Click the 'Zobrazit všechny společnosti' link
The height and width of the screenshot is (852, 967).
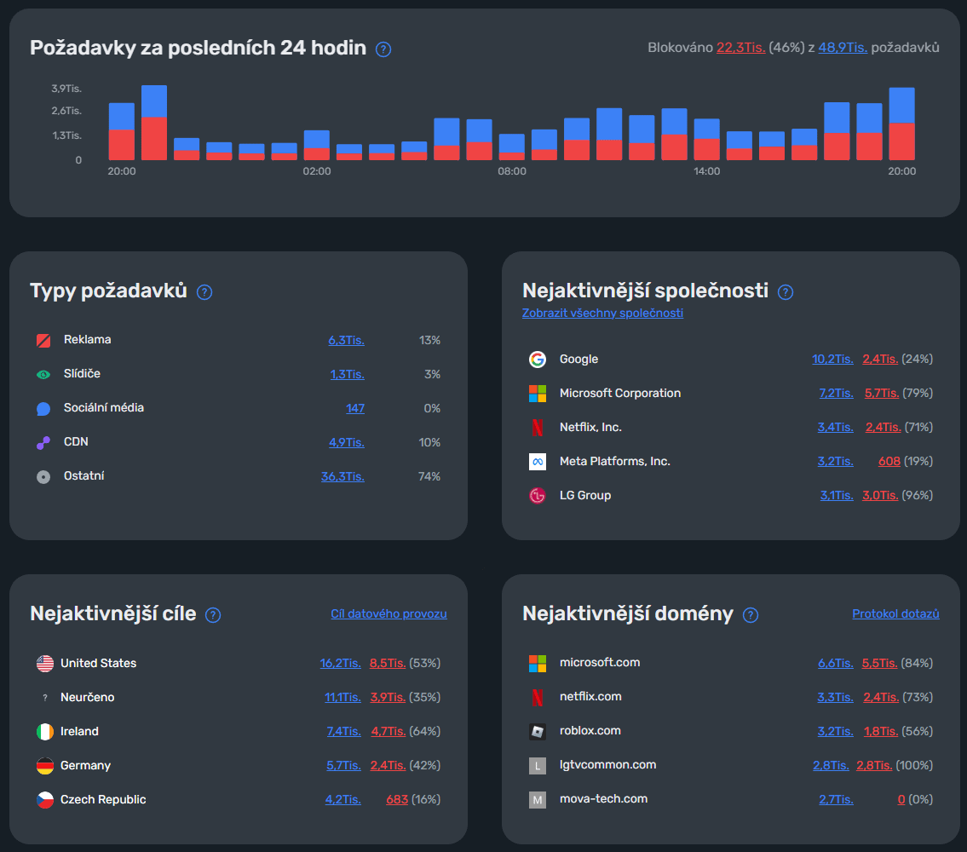coord(602,313)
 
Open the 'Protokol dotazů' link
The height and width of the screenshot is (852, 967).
coord(895,613)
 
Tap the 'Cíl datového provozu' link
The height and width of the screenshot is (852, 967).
coord(389,613)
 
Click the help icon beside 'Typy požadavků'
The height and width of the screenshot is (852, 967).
coord(204,292)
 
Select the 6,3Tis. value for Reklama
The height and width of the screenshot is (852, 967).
coord(346,340)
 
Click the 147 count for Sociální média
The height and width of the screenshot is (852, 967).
coord(355,408)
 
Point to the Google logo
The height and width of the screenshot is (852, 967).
coord(537,359)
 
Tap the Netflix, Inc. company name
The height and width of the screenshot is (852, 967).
coord(590,427)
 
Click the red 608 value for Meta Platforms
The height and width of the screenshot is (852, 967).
coord(889,462)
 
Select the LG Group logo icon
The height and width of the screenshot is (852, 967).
coord(537,495)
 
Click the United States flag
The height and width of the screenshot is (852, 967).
coord(45,663)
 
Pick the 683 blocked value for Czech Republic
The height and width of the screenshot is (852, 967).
coord(397,799)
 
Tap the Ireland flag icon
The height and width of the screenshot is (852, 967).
coord(45,732)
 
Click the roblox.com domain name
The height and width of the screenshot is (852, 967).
coord(590,730)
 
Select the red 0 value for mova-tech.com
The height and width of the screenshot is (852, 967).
coord(901,799)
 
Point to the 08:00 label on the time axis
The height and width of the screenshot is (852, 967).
coord(512,171)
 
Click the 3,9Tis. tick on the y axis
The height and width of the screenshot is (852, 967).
coord(66,89)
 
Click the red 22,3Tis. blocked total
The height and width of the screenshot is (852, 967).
coord(740,48)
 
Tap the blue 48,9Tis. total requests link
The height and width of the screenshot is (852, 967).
coord(843,48)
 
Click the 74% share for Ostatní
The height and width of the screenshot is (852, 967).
coord(429,476)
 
